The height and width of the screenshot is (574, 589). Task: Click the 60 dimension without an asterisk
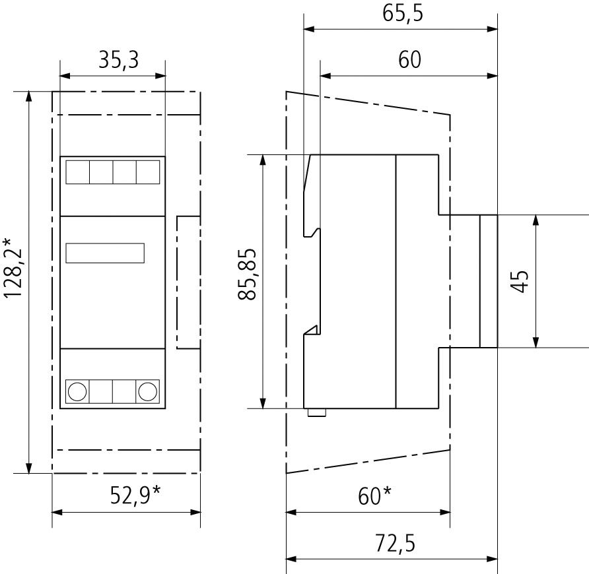pos(409,60)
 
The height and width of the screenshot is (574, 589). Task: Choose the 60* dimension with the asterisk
pos(374,494)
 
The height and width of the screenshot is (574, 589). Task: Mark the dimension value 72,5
pos(395,544)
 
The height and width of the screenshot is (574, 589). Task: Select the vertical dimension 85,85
pos(248,274)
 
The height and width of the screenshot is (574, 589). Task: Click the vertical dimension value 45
pos(520,281)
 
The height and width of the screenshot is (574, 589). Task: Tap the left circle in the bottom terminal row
pos(77,391)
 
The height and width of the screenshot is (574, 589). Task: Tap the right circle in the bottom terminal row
pos(147,391)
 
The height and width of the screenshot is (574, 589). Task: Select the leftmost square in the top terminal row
pos(77,172)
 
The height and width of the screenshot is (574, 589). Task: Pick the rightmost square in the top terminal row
pos(147,172)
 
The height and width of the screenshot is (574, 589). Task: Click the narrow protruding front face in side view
pos(488,281)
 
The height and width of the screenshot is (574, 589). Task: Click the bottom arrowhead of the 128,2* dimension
pos(29,468)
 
